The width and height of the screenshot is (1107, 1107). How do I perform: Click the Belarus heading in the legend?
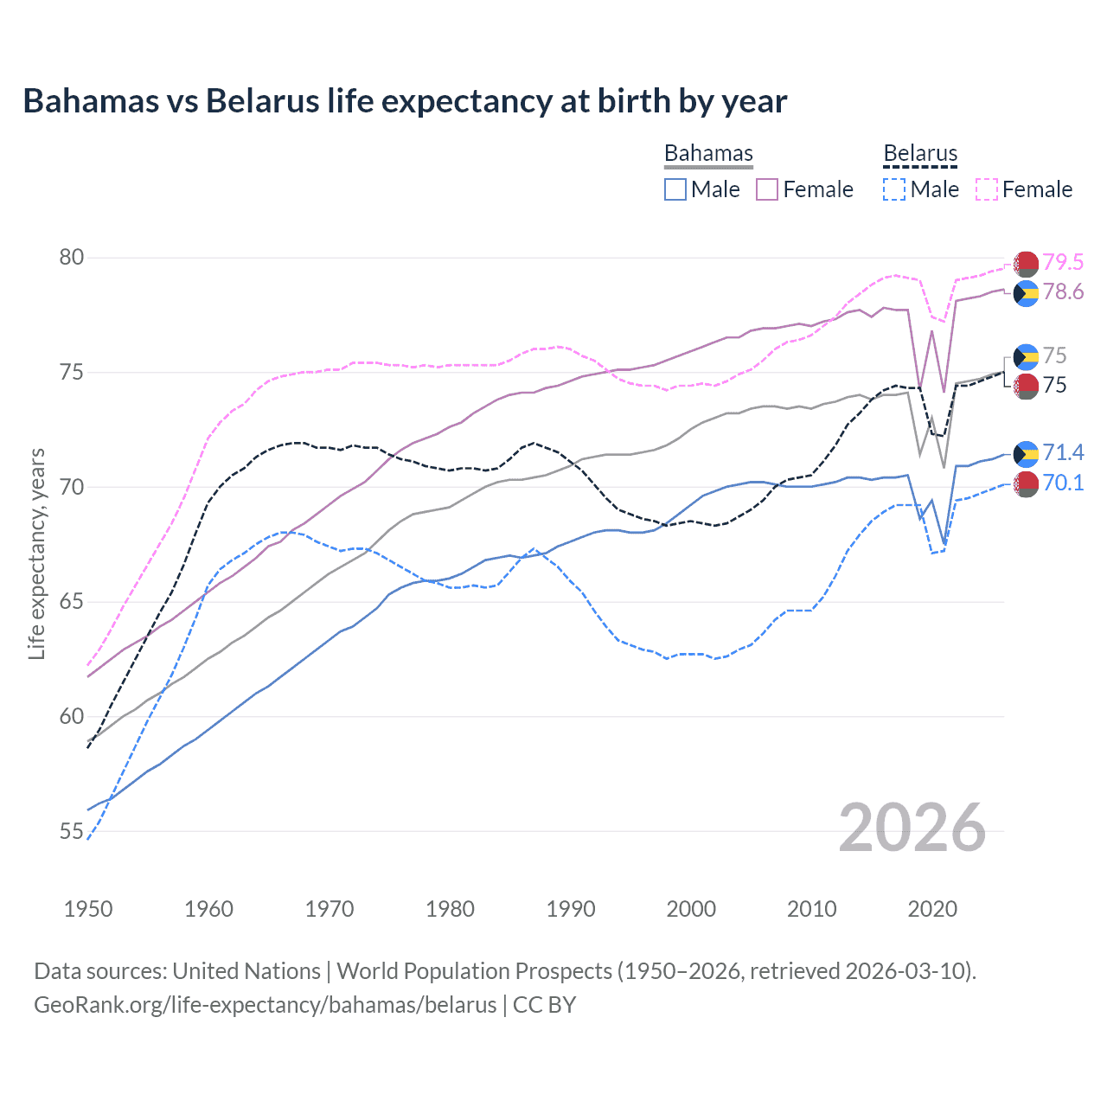[x=920, y=154]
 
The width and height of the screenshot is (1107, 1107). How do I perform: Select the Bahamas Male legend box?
[x=675, y=189]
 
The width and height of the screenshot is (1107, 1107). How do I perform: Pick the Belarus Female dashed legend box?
[x=987, y=189]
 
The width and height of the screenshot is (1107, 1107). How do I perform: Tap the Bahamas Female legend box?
[x=767, y=189]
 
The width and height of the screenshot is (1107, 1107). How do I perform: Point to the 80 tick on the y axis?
[x=72, y=258]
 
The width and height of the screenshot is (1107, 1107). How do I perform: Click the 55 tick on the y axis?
[x=72, y=832]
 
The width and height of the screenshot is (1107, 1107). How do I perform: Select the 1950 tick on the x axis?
[x=88, y=909]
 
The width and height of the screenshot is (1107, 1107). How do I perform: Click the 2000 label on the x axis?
[x=691, y=909]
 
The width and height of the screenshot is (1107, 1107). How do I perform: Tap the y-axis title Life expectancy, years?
[x=36, y=553]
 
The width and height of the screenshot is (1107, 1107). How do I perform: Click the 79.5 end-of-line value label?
[x=1063, y=262]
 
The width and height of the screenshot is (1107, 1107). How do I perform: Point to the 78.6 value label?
[x=1063, y=291]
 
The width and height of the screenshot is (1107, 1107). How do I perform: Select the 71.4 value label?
[x=1063, y=452]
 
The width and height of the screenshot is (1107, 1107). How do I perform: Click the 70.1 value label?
[x=1063, y=483]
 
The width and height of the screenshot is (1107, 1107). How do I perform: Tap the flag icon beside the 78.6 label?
[x=1026, y=293]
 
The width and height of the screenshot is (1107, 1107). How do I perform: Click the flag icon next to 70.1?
[x=1026, y=484]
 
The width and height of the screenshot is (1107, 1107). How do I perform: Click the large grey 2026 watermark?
[x=912, y=828]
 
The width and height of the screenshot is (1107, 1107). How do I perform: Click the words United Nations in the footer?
[x=246, y=971]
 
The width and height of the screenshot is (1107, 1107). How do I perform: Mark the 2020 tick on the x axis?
[x=932, y=909]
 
